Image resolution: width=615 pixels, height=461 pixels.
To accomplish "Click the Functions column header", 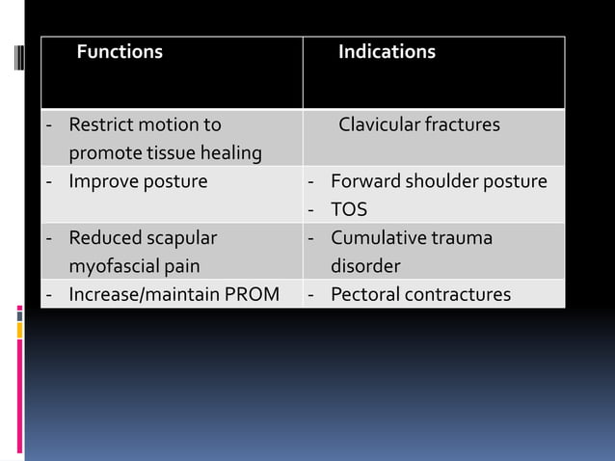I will [x=120, y=52].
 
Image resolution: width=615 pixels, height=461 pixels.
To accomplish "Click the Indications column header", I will [x=386, y=52].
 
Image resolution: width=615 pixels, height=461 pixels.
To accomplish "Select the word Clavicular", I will [x=378, y=125].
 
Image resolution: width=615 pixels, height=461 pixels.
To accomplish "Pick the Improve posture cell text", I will [x=138, y=181].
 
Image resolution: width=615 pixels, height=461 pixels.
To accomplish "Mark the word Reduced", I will [x=104, y=237].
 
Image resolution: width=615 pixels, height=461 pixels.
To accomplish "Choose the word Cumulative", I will [x=377, y=237].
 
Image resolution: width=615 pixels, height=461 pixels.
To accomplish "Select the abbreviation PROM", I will [x=254, y=294].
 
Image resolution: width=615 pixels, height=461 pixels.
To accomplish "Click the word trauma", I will [x=460, y=237].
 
